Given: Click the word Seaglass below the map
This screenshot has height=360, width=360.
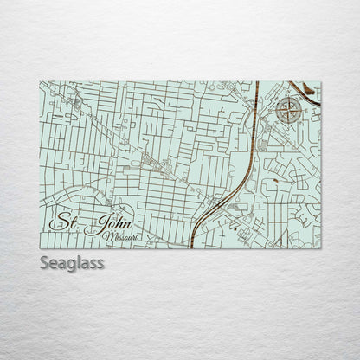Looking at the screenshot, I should (x=72, y=264).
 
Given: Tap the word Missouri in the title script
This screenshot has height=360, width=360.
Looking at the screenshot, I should (x=119, y=235).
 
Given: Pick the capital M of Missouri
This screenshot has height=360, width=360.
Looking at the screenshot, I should (x=105, y=235).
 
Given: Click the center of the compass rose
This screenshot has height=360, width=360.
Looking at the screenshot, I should (x=291, y=110).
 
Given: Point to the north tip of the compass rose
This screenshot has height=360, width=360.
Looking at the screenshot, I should (x=291, y=97).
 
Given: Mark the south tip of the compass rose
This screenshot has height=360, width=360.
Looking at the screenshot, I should (x=291, y=123).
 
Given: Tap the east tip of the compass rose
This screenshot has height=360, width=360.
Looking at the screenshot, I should (x=304, y=110).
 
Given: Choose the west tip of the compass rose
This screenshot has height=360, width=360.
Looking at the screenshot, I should (x=278, y=110).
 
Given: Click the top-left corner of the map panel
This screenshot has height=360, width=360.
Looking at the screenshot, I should (x=40, y=82).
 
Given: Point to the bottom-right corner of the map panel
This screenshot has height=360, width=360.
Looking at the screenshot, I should (x=320, y=247).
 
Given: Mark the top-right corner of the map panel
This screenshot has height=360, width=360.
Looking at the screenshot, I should (x=320, y=82).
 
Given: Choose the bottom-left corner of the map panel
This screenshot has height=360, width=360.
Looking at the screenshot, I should (x=40, y=247).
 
